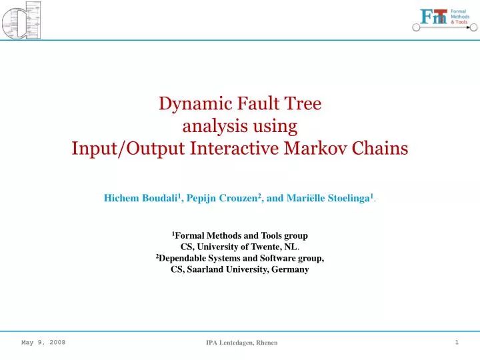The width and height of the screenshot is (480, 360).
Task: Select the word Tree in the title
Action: pos(303,103)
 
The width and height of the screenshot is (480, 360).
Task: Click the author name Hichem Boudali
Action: pos(139,198)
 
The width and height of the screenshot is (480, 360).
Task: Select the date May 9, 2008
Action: pos(43,342)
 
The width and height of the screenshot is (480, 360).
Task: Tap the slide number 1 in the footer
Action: pos(457,342)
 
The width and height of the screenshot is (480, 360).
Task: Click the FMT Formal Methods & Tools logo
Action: pos(443,18)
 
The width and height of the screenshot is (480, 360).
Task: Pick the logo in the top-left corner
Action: pos(22,20)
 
